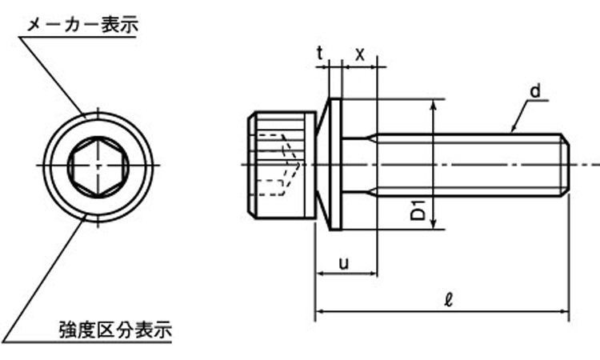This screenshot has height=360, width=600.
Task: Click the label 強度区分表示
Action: point(116,328)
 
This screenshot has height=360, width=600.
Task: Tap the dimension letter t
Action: point(320,54)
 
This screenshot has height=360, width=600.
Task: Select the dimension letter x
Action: point(360,54)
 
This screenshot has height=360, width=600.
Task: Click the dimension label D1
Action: point(417,214)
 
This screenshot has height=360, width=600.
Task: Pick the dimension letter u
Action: point(343,262)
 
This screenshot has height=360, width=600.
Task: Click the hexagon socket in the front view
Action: point(95,165)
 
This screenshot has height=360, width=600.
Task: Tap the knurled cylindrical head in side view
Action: point(280,165)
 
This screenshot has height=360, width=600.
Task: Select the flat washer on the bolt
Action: point(337,165)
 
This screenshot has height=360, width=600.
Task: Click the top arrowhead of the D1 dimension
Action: point(434,105)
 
